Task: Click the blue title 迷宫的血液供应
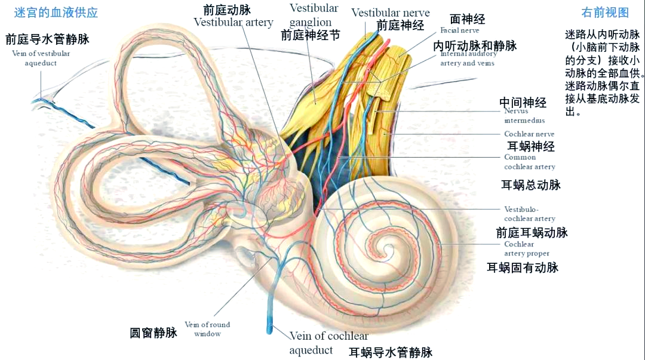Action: click(56, 13)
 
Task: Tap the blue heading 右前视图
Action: click(605, 13)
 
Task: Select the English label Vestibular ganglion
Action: click(314, 15)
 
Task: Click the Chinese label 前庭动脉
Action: click(226, 9)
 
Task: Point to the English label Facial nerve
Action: click(459, 30)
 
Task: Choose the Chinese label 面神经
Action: click(467, 19)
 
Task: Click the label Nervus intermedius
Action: click(524, 115)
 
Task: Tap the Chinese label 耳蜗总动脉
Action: click(530, 184)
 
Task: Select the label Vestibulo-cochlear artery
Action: click(529, 214)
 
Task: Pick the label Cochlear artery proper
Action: click(526, 248)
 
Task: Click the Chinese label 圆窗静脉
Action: click(153, 333)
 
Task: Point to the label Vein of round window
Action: click(207, 329)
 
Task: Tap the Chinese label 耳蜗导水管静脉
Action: click(391, 352)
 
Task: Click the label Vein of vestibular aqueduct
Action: click(41, 58)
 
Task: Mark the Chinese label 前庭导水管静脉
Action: click(47, 39)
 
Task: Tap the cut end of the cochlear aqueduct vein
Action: click(270, 327)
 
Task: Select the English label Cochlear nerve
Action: click(529, 134)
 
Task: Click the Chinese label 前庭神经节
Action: click(310, 35)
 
